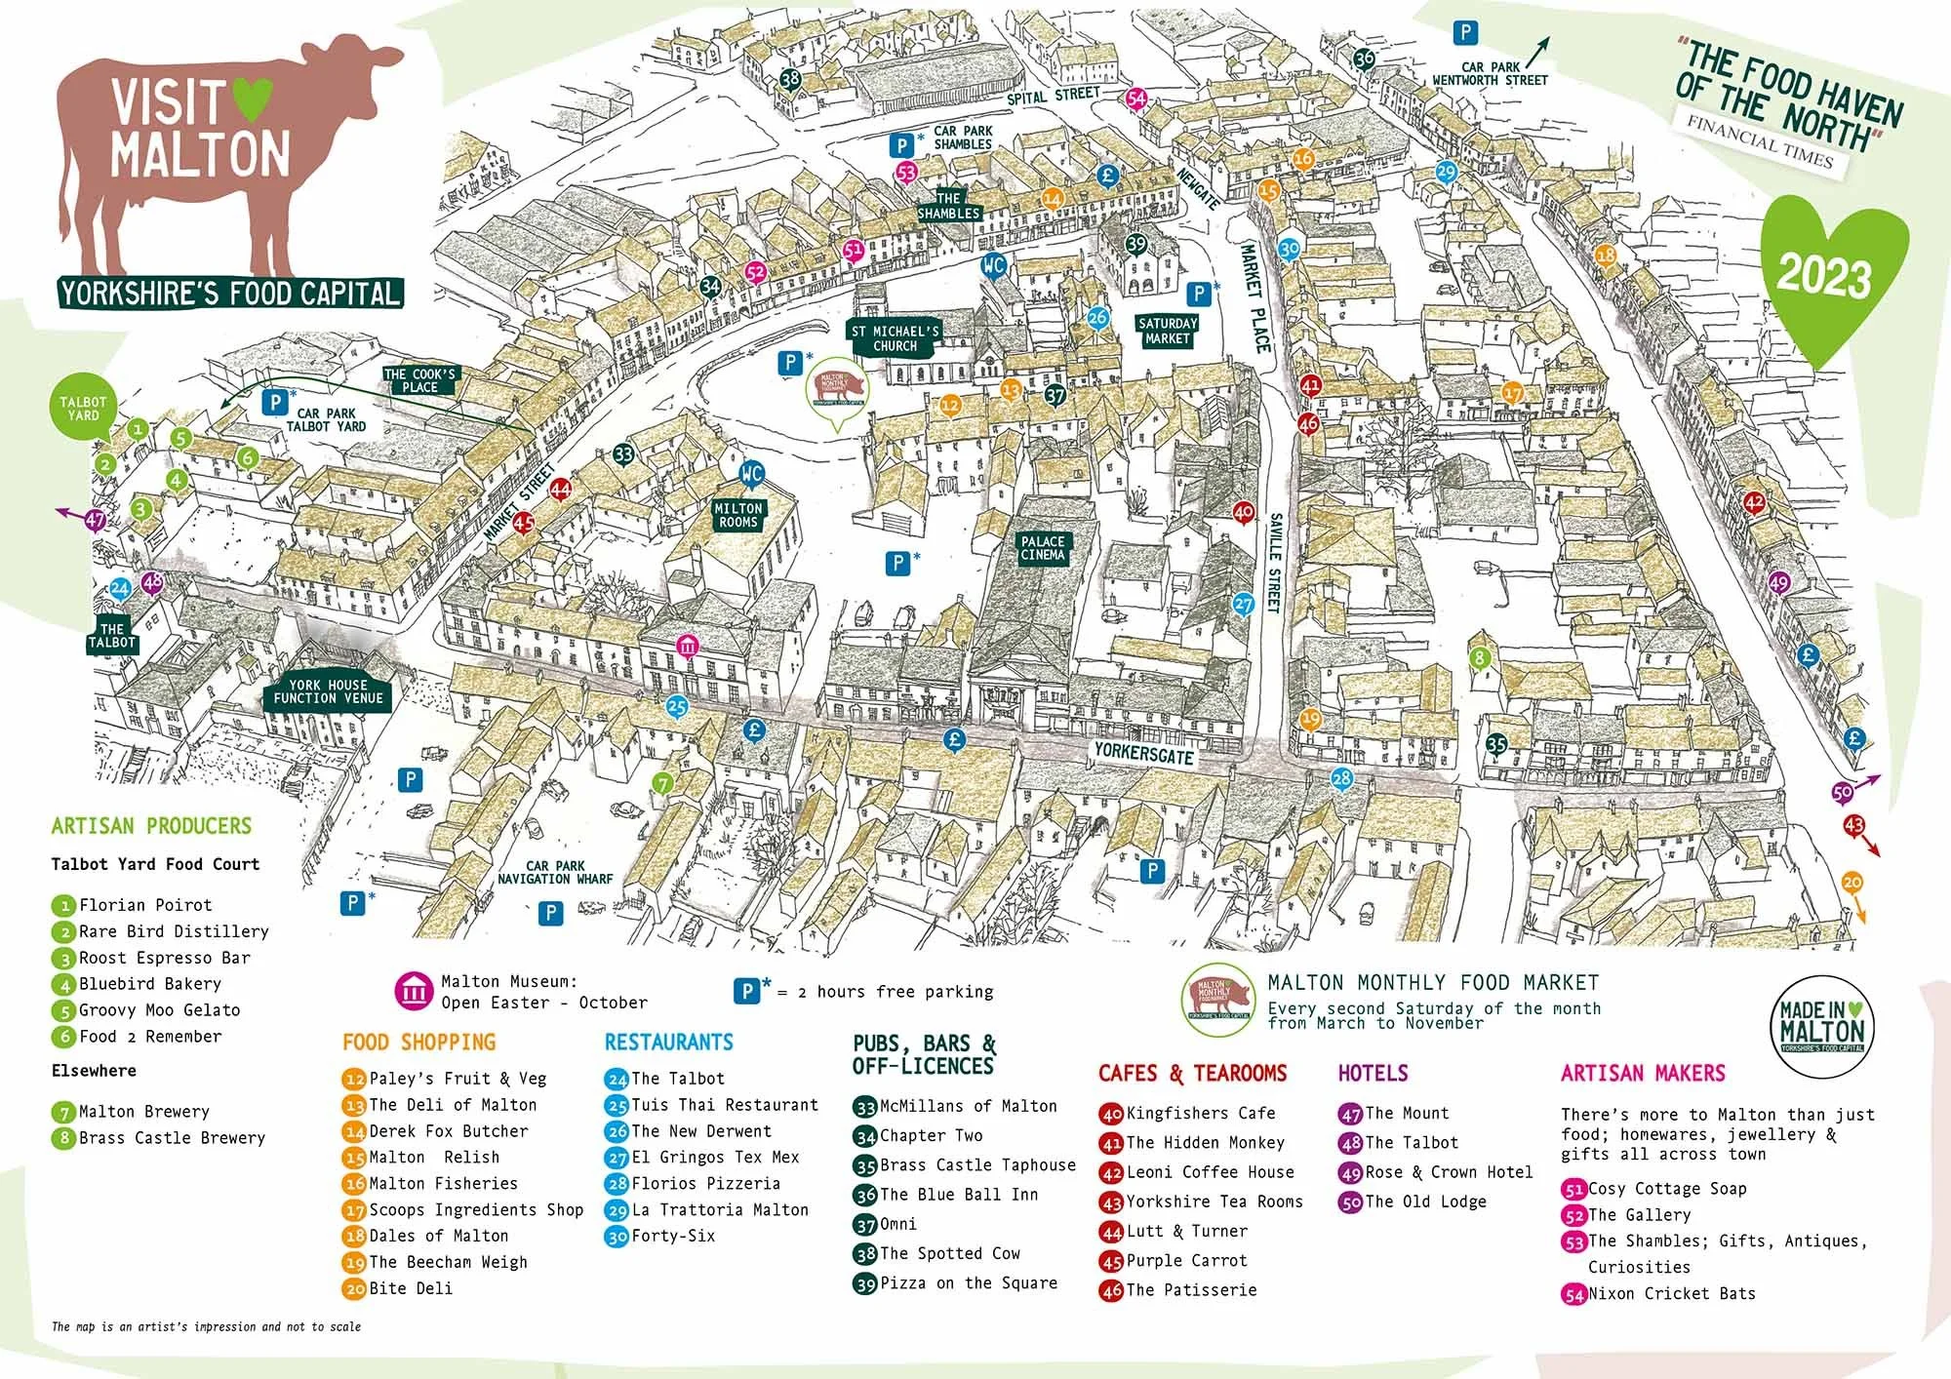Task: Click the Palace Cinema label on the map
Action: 1043,548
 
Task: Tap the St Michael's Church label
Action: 895,338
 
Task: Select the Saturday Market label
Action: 1167,331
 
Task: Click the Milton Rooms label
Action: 738,515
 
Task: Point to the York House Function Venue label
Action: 328,691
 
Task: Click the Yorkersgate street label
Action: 1143,752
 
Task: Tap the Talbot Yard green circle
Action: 83,409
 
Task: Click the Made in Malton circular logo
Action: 1821,1025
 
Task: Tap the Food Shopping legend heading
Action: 418,1042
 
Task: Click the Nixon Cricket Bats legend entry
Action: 1670,1293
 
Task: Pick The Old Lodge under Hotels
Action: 1424,1202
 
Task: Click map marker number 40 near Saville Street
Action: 1243,512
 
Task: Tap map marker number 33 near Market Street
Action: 623,453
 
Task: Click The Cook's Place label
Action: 419,380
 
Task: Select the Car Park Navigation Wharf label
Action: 555,872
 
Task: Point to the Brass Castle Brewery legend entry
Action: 171,1137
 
